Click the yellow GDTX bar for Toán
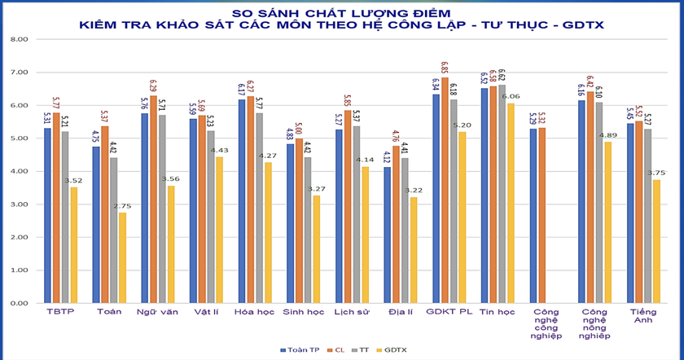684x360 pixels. pyautogui.click(x=122, y=257)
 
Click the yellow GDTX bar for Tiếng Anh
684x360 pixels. pyautogui.click(x=656, y=241)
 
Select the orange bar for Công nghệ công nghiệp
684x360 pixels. pyautogui.click(x=541, y=215)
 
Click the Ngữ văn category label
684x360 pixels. pyautogui.click(x=157, y=313)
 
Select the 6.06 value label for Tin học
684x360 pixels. pyautogui.click(x=511, y=97)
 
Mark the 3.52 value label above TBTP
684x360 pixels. pyautogui.click(x=74, y=182)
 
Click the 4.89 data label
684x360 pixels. pyautogui.click(x=607, y=136)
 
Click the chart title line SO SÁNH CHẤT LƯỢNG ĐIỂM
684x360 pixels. pyautogui.click(x=341, y=13)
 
